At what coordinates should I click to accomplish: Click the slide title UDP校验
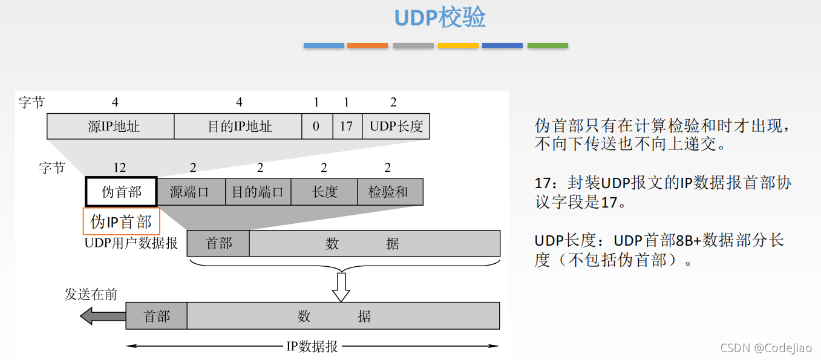point(440,18)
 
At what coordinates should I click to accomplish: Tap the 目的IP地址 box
point(238,126)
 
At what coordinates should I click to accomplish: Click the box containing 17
point(347,126)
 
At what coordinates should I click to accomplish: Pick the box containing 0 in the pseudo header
point(316,126)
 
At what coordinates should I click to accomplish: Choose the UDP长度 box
point(396,126)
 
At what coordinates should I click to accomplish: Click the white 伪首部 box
point(121,192)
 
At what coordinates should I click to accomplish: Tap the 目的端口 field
point(258,192)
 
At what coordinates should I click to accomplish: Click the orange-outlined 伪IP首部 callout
point(121,221)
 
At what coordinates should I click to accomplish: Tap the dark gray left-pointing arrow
point(102,315)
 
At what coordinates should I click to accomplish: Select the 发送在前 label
point(91,295)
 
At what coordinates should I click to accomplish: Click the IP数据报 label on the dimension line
point(312,347)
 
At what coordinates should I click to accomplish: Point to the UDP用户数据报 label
point(131,243)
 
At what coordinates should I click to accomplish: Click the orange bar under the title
point(367,45)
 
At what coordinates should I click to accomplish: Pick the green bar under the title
point(548,45)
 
